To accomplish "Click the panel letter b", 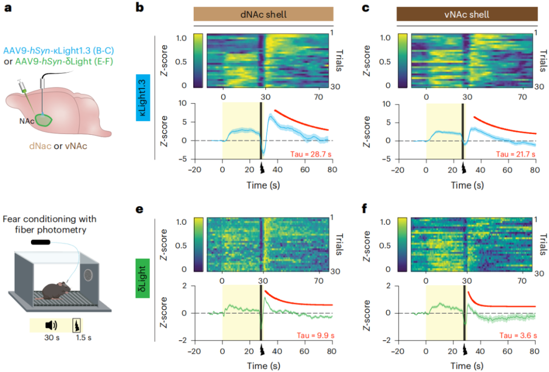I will click(x=140, y=9).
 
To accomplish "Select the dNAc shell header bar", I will click(x=263, y=14).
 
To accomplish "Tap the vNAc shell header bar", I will click(x=467, y=14).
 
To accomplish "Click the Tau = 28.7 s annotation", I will click(x=310, y=153).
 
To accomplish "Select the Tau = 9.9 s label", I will click(x=311, y=335).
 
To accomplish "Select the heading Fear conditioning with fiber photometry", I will click(x=49, y=224).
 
